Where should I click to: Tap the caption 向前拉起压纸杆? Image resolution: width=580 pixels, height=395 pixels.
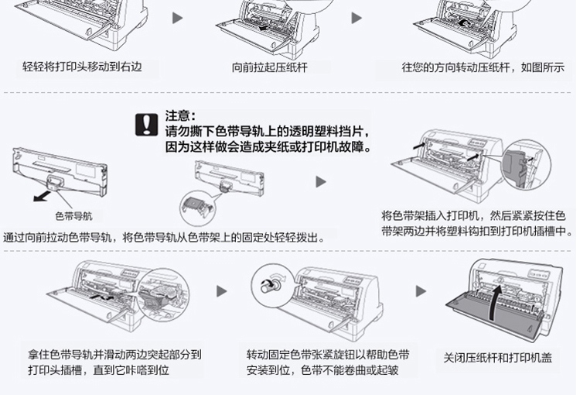269,67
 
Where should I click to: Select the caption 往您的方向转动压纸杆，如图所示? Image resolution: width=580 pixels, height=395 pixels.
483,67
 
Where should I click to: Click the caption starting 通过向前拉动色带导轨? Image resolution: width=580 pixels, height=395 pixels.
164,238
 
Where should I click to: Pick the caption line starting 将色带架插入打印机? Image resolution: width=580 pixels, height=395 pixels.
473,215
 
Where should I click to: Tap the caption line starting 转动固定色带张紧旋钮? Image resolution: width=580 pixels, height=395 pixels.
328,355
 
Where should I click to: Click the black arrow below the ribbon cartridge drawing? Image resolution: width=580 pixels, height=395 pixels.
43,196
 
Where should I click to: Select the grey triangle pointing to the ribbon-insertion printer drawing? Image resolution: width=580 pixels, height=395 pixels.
321,182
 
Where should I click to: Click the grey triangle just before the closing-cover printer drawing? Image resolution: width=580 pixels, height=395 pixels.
421,291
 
